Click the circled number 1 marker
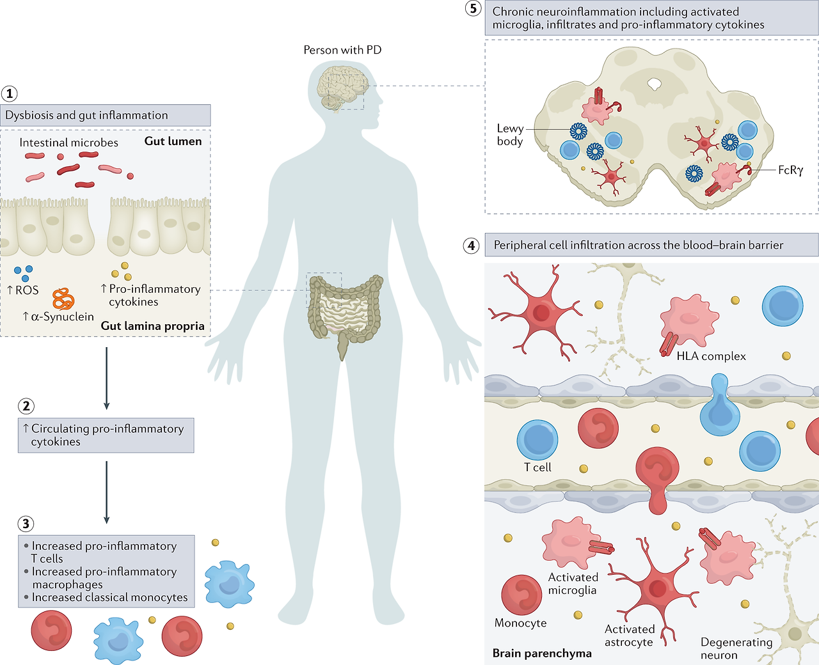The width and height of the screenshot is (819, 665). point(10,93)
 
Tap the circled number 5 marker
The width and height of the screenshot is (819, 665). point(473,9)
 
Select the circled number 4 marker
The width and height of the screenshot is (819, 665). point(472,246)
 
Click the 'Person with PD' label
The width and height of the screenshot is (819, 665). point(342,50)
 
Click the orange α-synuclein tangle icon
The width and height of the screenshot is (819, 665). point(63,299)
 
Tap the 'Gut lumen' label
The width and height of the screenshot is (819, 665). point(173,141)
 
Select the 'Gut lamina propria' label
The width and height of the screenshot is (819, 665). point(152,325)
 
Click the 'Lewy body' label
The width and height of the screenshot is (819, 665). point(510,135)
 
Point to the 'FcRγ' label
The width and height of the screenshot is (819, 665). point(790,170)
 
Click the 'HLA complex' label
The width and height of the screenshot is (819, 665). point(711,356)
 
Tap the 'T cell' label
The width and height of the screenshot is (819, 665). point(537,467)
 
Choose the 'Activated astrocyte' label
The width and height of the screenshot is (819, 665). point(629,636)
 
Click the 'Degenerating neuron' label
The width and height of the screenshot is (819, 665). point(736,648)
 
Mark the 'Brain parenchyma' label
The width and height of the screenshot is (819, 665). point(542,653)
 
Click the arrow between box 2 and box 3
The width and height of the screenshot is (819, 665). point(106,492)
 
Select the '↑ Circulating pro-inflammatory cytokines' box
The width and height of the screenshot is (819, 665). point(106,435)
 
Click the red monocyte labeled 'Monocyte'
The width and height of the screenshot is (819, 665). point(521,595)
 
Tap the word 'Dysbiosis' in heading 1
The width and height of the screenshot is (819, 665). point(29,115)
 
